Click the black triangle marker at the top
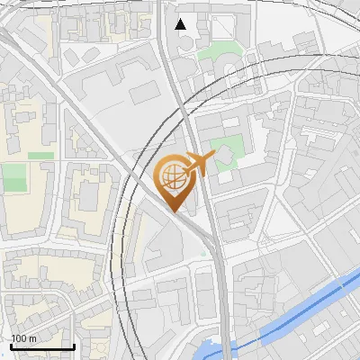tap(182, 24)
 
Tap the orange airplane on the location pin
tap(198, 164)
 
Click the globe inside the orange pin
tap(173, 177)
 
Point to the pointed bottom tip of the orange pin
tap(174, 211)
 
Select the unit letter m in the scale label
tap(32, 338)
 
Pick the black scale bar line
tap(42, 346)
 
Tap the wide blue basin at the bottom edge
tap(212, 351)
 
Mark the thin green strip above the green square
tap(40, 156)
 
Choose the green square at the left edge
tap(13, 177)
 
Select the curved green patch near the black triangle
tap(216, 52)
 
